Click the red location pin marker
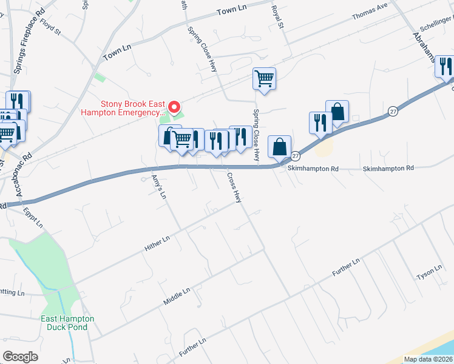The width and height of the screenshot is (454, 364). [x=175, y=107]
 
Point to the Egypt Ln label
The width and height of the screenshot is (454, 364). [x=33, y=218]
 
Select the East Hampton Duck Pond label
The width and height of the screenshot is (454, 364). [x=67, y=323]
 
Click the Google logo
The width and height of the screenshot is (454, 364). [x=20, y=357]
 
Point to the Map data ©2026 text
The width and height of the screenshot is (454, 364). [x=428, y=359]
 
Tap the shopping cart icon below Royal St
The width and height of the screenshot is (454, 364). [x=265, y=78]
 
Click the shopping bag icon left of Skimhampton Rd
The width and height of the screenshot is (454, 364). [x=279, y=146]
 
